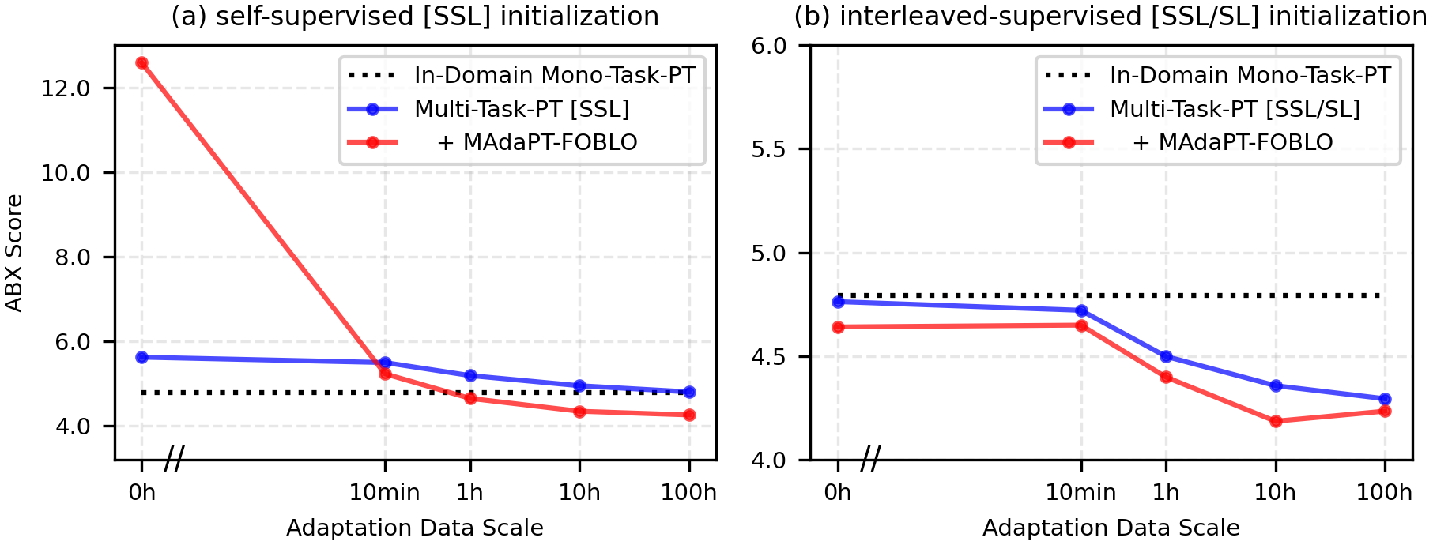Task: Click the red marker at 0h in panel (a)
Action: tap(142, 63)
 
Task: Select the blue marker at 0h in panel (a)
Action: tap(142, 357)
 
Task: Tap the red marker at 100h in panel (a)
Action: tap(689, 415)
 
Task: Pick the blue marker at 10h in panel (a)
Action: tap(579, 386)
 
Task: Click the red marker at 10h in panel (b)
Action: tap(1276, 421)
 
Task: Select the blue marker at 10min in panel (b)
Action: tap(1081, 310)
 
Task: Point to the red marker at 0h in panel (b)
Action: tap(838, 327)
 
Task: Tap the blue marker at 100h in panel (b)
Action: tap(1385, 399)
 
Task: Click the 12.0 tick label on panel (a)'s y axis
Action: tap(66, 88)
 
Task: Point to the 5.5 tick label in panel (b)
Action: tap(769, 150)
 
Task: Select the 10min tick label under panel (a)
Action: tap(385, 493)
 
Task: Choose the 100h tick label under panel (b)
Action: tap(1384, 493)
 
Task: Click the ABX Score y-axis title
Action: tap(14, 253)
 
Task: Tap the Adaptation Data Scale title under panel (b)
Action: tap(1111, 528)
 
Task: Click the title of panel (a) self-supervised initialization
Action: tap(415, 17)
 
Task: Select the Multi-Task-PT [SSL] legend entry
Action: tap(522, 109)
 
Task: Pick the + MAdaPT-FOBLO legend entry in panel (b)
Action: tap(1233, 142)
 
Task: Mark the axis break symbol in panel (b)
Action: tap(870, 459)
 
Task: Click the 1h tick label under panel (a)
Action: tap(470, 493)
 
